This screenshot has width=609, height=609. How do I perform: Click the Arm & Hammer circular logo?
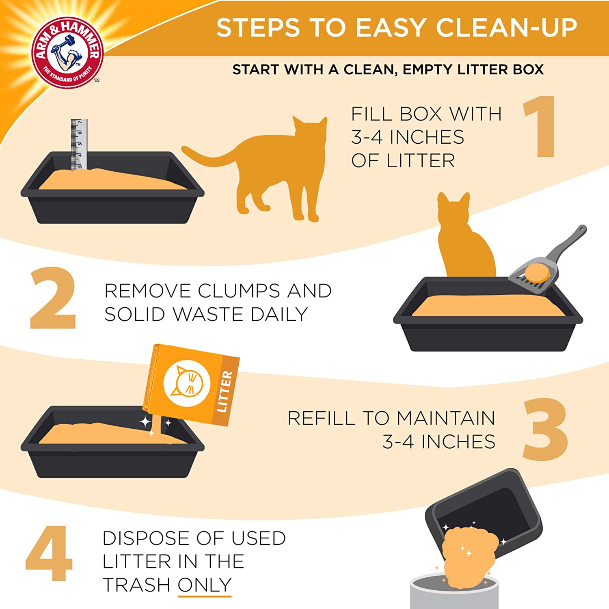(68, 52)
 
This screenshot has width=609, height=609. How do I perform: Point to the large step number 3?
(545, 430)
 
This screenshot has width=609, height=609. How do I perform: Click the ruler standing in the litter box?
(79, 144)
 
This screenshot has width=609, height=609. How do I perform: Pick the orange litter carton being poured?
(191, 384)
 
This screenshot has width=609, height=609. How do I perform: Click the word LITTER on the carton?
(225, 392)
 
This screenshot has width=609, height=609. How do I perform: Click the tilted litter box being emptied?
(487, 512)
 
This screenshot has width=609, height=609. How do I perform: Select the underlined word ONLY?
(204, 585)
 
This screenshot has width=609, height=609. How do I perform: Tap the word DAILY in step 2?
(279, 314)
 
